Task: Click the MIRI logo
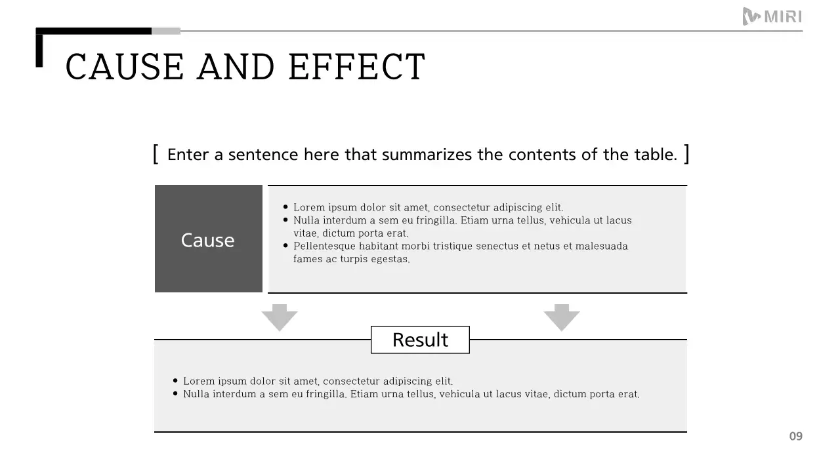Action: click(772, 16)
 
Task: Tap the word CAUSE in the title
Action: click(125, 67)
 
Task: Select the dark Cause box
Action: click(208, 239)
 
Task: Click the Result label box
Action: click(420, 340)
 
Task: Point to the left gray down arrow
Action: click(280, 317)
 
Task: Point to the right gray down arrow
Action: click(562, 317)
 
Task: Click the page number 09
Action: click(795, 437)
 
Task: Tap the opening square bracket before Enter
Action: click(156, 154)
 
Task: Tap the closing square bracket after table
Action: click(686, 154)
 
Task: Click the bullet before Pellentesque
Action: click(285, 246)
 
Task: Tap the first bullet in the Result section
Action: click(175, 380)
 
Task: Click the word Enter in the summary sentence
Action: click(188, 155)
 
